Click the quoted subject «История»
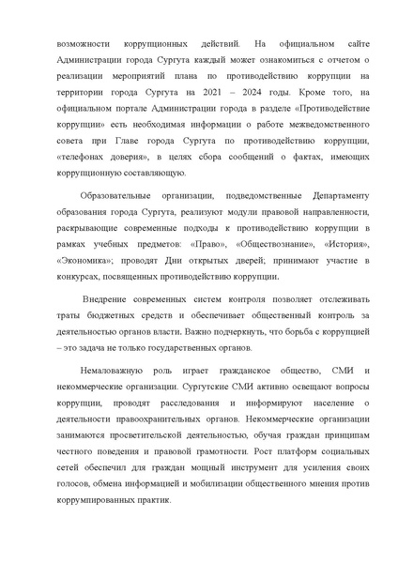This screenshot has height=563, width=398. point(323,245)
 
